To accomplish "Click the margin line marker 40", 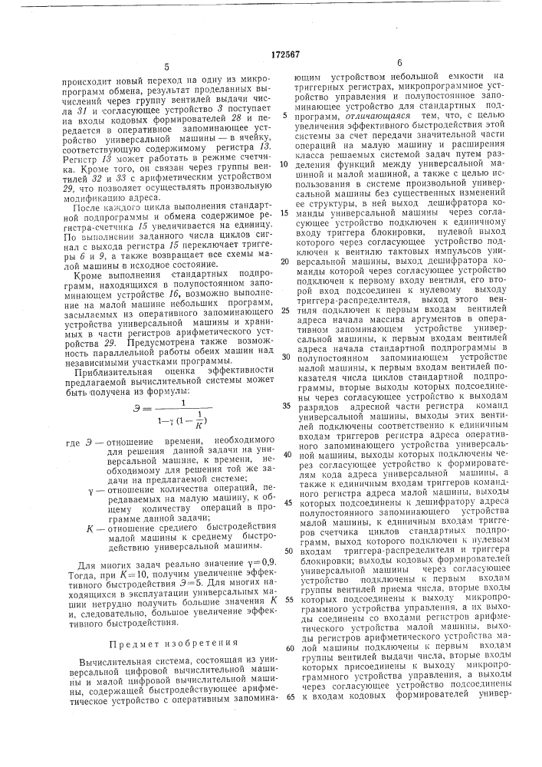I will [x=285, y=453].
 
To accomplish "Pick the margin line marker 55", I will [x=285, y=598].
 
